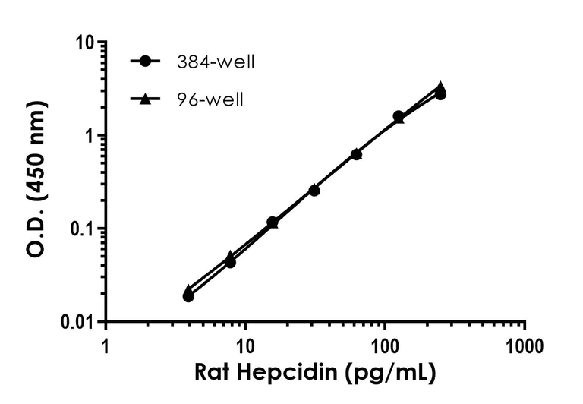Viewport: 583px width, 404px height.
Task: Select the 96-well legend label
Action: point(209,99)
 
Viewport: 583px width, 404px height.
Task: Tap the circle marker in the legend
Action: point(146,62)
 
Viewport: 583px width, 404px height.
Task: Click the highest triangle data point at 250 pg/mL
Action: point(440,87)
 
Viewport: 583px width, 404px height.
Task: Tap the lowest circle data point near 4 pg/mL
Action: point(188,296)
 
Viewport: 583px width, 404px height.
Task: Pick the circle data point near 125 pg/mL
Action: point(399,116)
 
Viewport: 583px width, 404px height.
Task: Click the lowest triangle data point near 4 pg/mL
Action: point(188,289)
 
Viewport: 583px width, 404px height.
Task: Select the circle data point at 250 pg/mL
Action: point(440,94)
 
